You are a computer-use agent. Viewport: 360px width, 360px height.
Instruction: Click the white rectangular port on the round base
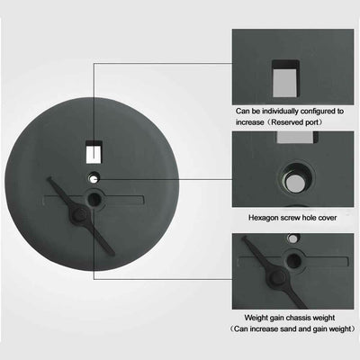tap(94, 155)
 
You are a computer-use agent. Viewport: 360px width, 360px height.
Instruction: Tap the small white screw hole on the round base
tap(94, 179)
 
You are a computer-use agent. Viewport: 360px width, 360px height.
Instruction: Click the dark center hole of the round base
tap(94, 199)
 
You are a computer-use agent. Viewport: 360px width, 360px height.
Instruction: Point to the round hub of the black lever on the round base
tap(79, 214)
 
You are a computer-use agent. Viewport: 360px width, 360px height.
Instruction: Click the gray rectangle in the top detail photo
tap(284, 84)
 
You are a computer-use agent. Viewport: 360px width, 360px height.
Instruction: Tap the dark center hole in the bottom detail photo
tap(293, 260)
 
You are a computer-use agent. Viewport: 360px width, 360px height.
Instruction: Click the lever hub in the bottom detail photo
tap(276, 277)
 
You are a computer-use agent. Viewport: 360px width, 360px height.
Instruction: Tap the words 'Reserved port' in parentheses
tap(297, 122)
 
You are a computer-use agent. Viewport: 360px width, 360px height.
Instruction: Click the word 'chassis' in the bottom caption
tap(299, 318)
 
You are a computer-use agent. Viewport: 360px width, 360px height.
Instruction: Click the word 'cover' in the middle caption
tap(326, 218)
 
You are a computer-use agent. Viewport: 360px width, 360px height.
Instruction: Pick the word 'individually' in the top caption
tap(280, 112)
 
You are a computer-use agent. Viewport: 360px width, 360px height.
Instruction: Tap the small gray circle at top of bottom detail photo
tap(292, 238)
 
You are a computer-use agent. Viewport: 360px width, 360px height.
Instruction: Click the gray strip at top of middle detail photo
tap(295, 137)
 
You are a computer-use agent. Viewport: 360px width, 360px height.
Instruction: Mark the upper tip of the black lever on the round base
tap(49, 179)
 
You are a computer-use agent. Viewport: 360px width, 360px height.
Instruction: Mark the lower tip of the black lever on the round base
tap(112, 253)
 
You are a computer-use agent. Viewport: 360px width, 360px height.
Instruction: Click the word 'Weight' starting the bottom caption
tap(256, 318)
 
